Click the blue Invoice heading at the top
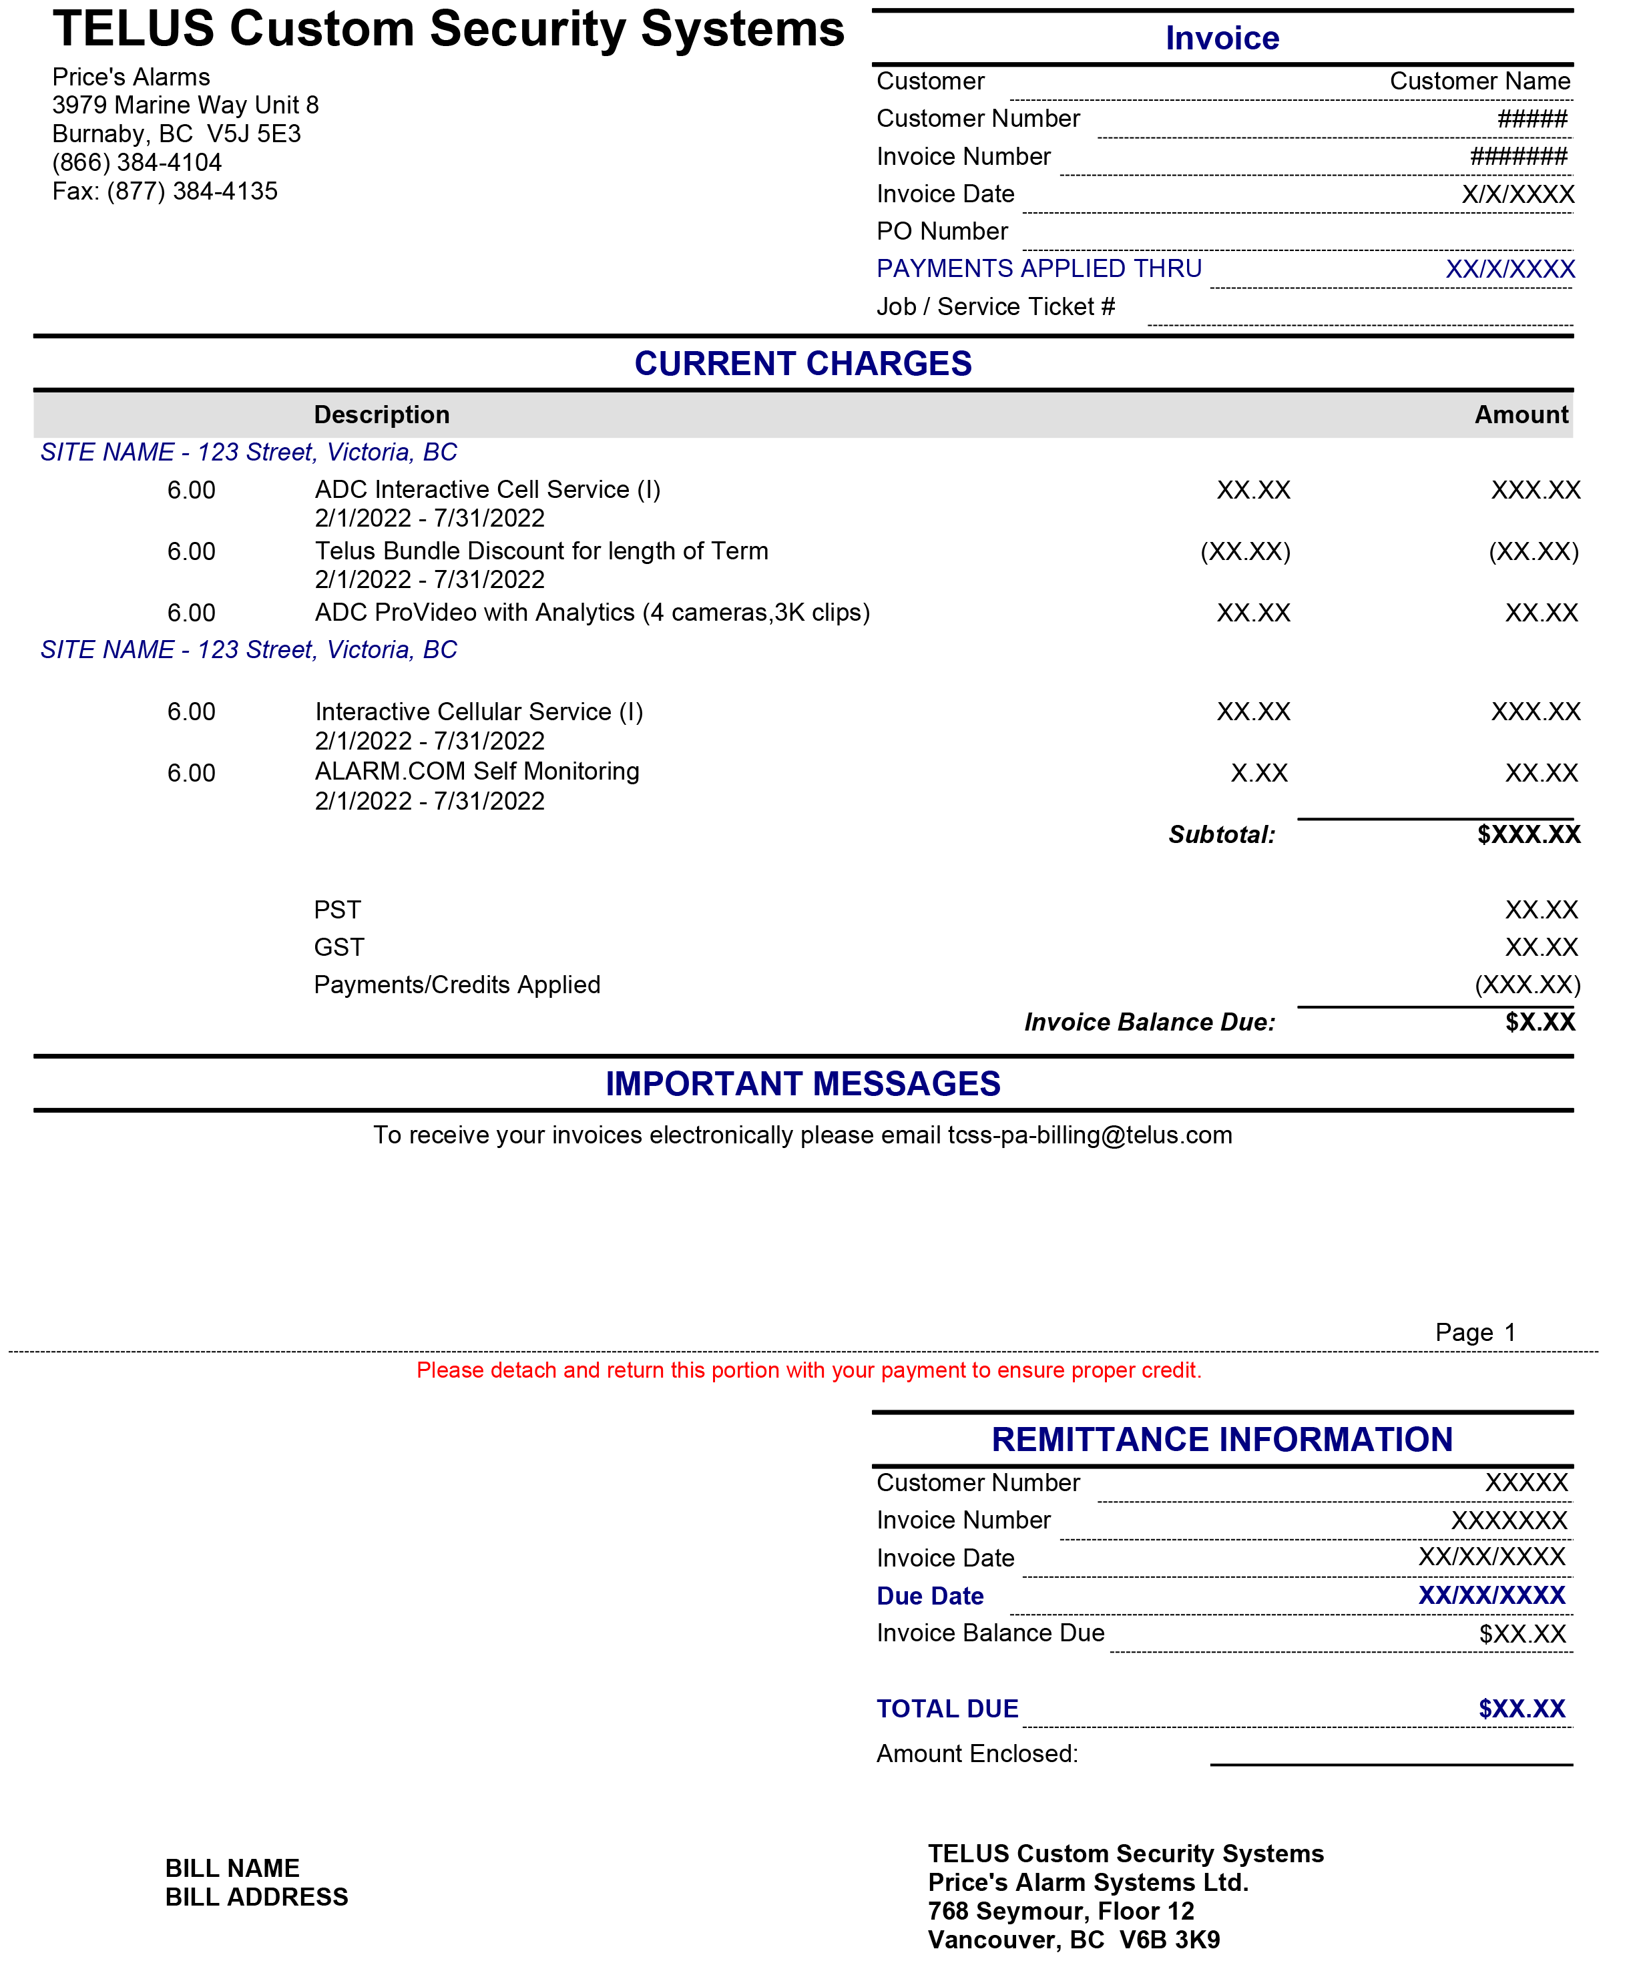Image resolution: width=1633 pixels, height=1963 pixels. click(x=1221, y=38)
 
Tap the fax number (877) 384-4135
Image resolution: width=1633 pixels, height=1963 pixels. click(x=192, y=192)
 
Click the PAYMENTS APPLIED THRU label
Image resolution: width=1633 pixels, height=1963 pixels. click(x=1039, y=269)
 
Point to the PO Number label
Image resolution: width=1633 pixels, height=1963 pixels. click(x=941, y=231)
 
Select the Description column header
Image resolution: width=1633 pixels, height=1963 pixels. click(x=381, y=415)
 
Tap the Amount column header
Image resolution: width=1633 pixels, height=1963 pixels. click(x=1520, y=415)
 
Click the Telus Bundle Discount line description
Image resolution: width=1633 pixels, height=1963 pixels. click(x=541, y=551)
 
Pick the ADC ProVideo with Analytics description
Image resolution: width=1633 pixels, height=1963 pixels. click(x=592, y=613)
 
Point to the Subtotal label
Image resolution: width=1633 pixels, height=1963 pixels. click(x=1221, y=835)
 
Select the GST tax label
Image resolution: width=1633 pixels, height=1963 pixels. click(x=338, y=948)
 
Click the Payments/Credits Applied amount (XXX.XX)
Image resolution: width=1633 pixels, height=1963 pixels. click(x=1526, y=985)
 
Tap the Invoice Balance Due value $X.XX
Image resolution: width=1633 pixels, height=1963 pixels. click(x=1539, y=1023)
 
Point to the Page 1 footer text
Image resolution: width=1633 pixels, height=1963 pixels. click(x=1474, y=1333)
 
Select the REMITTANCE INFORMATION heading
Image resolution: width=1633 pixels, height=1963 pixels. click(x=1221, y=1440)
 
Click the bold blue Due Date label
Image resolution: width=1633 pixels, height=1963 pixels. click(x=929, y=1597)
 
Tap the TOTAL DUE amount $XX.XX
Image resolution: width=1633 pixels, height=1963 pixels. click(x=1521, y=1709)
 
